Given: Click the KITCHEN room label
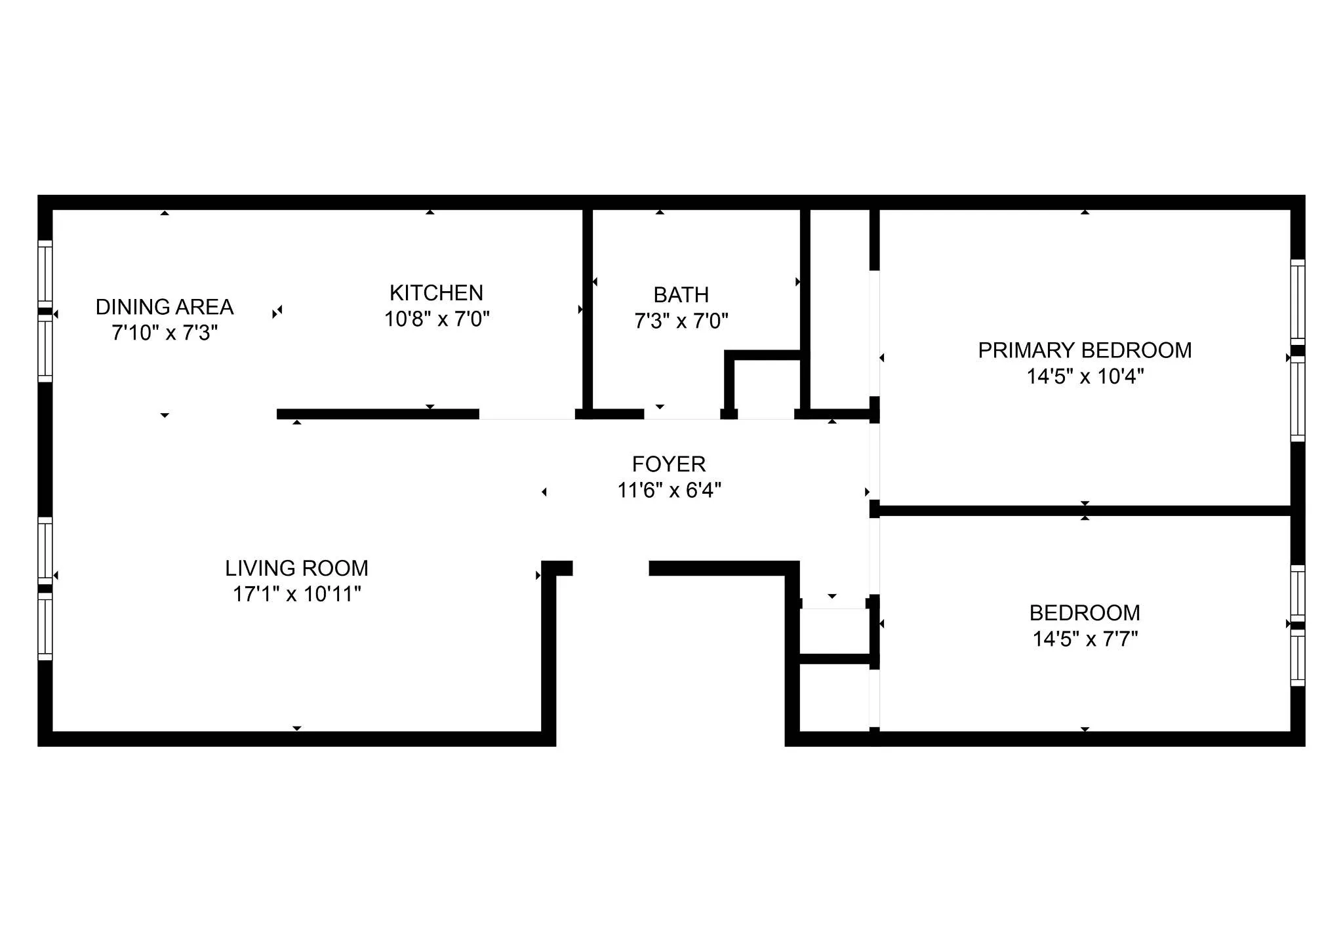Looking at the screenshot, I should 436,292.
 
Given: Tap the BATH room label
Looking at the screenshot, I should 681,294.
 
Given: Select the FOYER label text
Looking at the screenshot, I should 668,464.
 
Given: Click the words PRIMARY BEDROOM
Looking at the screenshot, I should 1085,350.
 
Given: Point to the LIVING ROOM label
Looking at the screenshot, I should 296,568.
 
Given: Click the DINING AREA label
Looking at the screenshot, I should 165,307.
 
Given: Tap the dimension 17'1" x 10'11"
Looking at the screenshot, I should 296,594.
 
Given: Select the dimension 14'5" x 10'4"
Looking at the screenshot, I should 1085,376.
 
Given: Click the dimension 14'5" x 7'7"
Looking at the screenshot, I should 1085,639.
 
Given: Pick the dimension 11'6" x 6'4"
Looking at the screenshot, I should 668,490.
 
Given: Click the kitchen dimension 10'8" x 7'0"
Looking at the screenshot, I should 436,319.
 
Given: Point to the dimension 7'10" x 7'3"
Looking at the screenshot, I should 165,333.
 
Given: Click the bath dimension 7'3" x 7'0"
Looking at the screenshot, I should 681,321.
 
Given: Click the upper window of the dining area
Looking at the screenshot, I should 45,273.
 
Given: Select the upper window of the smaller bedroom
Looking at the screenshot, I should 1298,593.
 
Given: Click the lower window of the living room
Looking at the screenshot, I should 45,627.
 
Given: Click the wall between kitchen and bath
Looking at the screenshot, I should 588,308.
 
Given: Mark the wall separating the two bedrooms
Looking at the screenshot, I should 1085,510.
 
